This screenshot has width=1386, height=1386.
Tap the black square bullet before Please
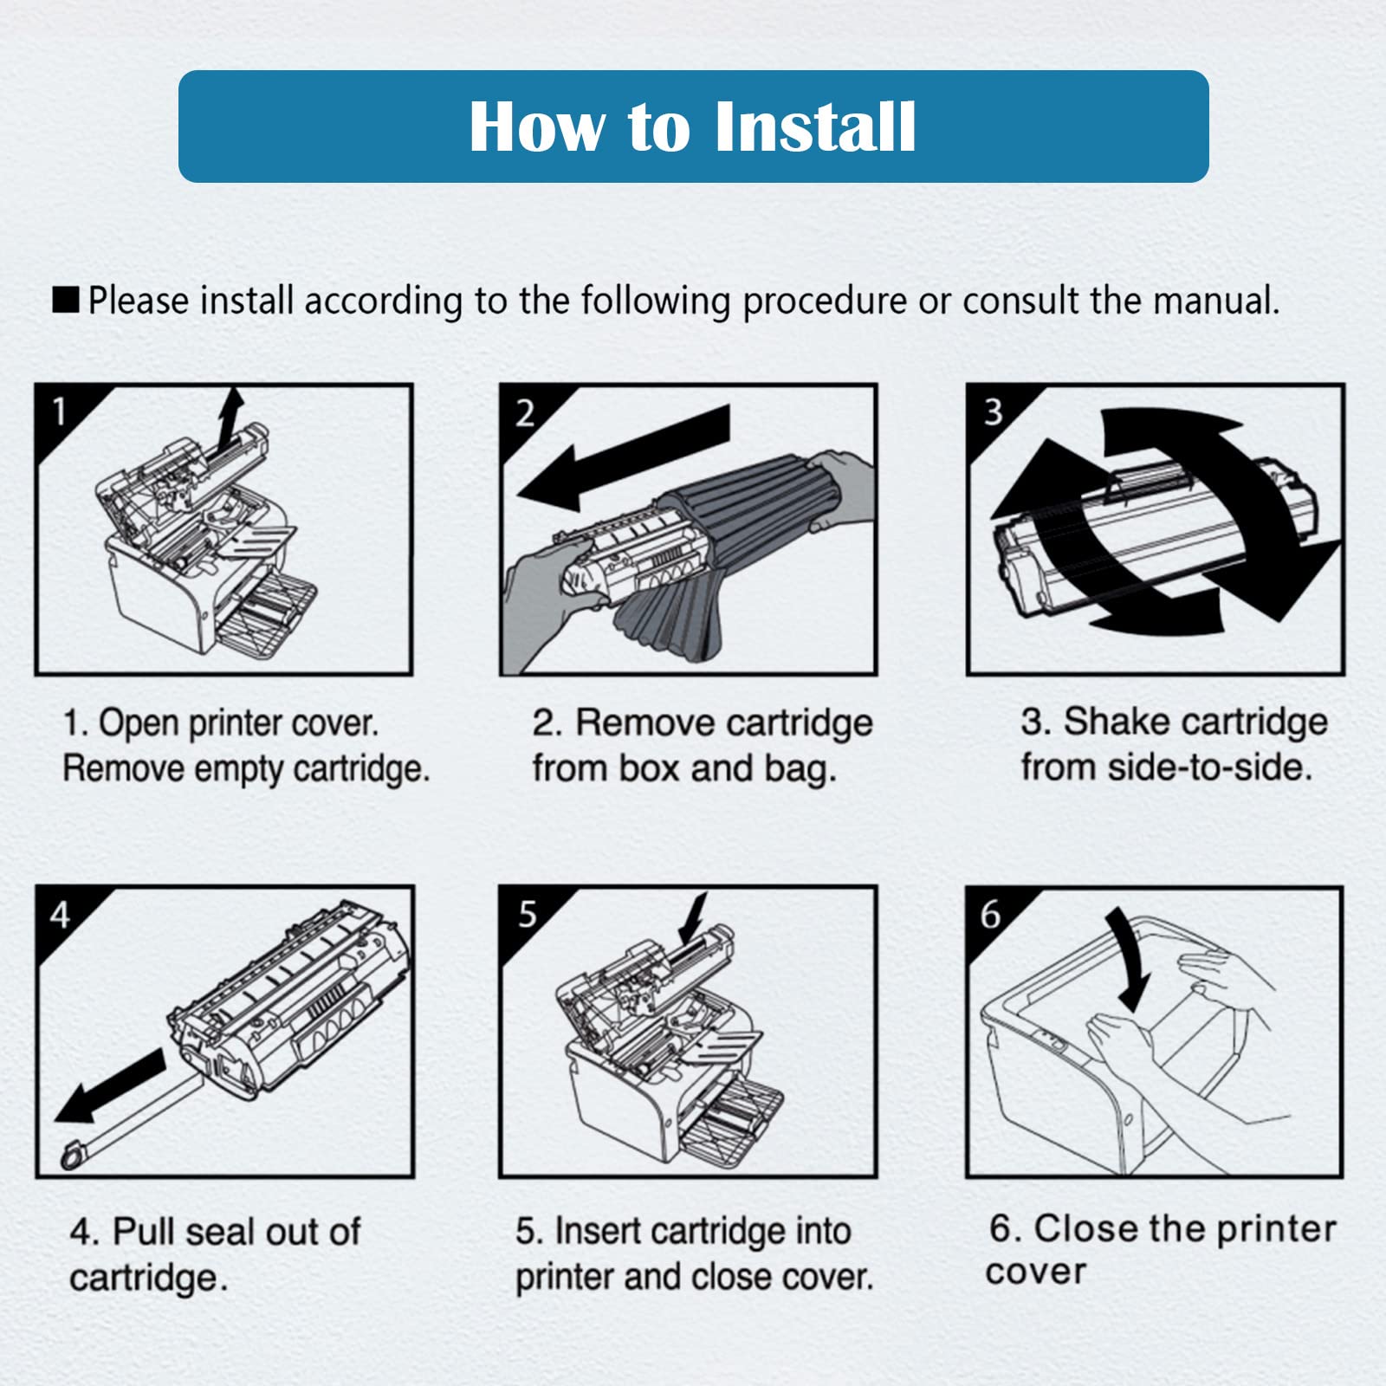point(66,301)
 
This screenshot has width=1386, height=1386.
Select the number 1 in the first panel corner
point(59,411)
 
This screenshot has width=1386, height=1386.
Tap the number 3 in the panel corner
point(993,411)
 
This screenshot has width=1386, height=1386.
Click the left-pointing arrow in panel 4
point(110,1086)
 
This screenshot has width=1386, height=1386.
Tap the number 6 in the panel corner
point(990,914)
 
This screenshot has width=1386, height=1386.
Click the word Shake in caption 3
point(1117,722)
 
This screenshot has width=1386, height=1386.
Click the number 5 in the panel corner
point(527,914)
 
